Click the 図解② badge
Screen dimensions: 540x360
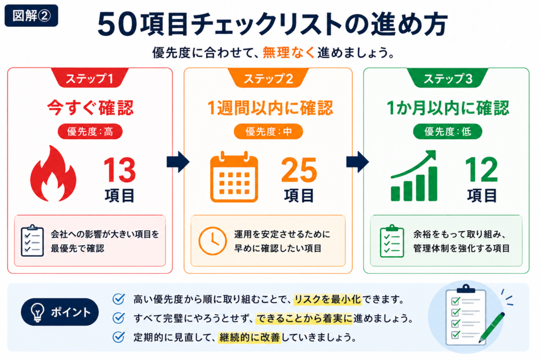(31, 15)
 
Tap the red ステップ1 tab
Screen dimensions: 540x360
(90, 78)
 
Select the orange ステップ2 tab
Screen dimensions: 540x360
(268, 78)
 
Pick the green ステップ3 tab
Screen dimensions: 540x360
(448, 78)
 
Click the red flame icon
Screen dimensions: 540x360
(53, 173)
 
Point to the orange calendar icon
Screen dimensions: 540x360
(234, 177)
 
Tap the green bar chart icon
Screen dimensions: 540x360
(414, 176)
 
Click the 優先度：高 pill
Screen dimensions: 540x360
(90, 131)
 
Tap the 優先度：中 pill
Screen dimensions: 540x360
(268, 131)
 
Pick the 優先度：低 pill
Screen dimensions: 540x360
(447, 131)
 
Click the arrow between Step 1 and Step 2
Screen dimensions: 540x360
(178, 162)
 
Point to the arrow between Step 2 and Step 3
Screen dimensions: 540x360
(358, 162)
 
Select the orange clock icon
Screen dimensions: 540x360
(213, 241)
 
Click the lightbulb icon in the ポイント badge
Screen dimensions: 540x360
(37, 312)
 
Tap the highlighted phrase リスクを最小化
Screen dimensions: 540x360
(327, 299)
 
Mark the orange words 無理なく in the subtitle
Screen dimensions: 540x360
(288, 53)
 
